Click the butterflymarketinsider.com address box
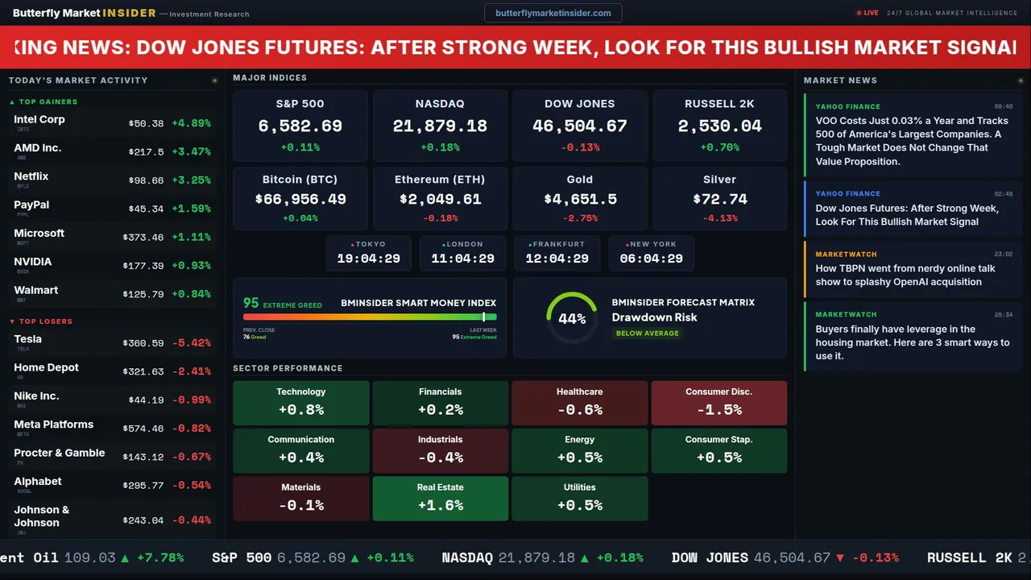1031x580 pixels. pos(553,13)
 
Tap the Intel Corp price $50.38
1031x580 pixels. pos(146,124)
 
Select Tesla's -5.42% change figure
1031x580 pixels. pos(192,343)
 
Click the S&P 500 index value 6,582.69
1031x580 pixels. pos(300,126)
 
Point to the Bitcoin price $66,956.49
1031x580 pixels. pos(300,199)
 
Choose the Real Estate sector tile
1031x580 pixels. pos(440,498)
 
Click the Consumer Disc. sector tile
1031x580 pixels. pos(718,403)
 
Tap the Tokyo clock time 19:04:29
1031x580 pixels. pos(368,259)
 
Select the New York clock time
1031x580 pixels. pos(651,259)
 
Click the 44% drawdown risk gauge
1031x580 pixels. pos(572,318)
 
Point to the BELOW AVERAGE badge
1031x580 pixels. pos(647,333)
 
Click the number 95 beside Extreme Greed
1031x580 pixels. pos(251,303)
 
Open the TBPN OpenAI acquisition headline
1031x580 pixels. pos(905,275)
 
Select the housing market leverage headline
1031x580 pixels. pos(912,342)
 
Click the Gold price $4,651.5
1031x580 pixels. pos(580,199)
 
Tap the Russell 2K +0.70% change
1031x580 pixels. pos(719,147)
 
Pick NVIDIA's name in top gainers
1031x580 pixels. pos(33,262)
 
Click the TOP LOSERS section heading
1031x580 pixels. pos(45,321)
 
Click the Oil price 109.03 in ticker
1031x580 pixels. pos(90,557)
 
